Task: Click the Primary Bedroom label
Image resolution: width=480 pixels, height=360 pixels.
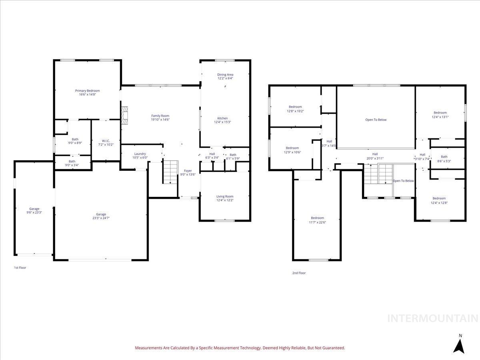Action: (x=87, y=91)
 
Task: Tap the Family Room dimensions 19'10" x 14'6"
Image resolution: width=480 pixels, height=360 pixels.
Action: (x=160, y=120)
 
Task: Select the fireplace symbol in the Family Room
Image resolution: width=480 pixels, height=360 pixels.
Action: (x=125, y=114)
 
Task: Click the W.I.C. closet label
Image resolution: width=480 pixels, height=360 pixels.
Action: (x=106, y=141)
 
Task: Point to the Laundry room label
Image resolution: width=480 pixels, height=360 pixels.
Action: (x=140, y=154)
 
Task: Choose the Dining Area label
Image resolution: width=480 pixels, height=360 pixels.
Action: (x=225, y=74)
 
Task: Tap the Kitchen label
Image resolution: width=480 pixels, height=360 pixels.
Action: (x=222, y=118)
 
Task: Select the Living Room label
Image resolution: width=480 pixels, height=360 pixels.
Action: (x=225, y=196)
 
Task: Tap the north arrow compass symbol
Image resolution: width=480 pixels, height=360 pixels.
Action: (x=460, y=345)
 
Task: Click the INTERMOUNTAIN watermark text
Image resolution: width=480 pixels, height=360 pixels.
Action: (x=433, y=318)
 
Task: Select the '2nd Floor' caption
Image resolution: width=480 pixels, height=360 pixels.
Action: (x=299, y=273)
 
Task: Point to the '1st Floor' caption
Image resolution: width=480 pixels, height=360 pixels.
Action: (x=20, y=268)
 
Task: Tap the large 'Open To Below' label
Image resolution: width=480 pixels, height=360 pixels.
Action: (x=376, y=120)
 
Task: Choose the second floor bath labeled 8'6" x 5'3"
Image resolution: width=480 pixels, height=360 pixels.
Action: (x=444, y=159)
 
